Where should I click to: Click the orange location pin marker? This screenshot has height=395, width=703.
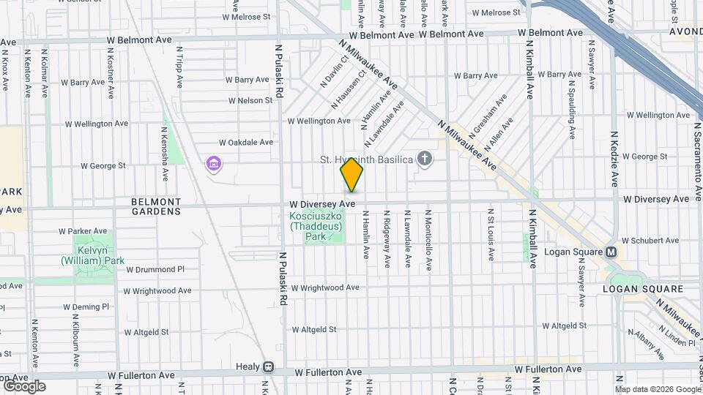coord(351,175)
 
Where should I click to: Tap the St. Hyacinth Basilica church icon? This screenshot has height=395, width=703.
coord(424,158)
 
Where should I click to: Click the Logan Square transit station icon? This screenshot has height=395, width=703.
coord(611,252)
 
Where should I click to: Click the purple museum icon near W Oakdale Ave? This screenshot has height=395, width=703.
coord(213,163)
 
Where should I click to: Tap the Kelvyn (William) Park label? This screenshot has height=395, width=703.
coord(93,255)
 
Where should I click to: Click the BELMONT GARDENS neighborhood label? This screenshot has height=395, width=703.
coord(156,206)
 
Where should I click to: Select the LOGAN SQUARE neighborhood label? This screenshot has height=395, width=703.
coord(642,289)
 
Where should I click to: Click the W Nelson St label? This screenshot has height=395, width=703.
coord(250,101)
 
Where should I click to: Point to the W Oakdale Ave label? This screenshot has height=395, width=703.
coord(246,143)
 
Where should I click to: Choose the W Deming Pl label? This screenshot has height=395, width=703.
coord(86,307)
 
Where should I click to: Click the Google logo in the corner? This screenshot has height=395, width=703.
coord(24,386)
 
